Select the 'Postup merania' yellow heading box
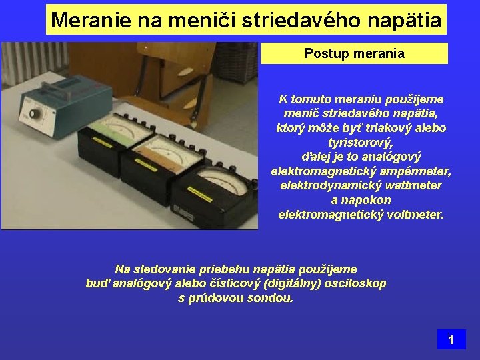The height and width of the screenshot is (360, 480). pyautogui.click(x=354, y=53)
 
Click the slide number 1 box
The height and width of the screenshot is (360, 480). pyautogui.click(x=451, y=339)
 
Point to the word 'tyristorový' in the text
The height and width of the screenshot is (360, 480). pyautogui.click(x=361, y=143)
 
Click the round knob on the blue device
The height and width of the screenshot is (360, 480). pyautogui.click(x=33, y=114)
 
